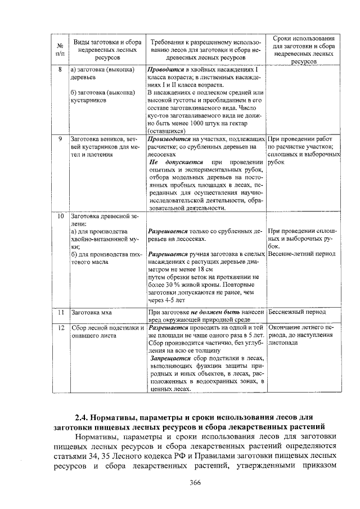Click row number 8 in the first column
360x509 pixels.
point(60,69)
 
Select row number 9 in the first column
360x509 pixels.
point(60,138)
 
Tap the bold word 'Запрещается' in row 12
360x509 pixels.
point(170,358)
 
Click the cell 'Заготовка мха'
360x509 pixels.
point(92,311)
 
